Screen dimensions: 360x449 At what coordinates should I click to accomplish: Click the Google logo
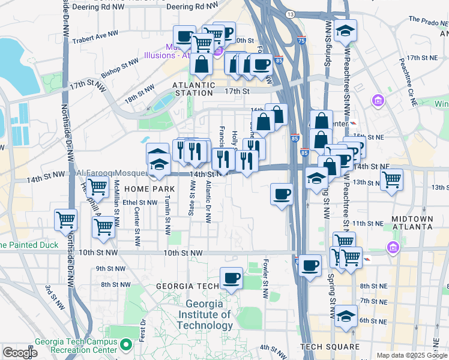coord(20,352)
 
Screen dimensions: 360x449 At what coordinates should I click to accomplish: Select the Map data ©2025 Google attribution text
coord(411,355)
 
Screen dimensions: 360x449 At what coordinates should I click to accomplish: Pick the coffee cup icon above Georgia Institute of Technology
coord(231,278)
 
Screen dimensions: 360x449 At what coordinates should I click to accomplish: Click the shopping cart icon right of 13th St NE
coord(391,179)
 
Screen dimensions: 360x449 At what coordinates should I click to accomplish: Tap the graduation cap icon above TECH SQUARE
coord(346,315)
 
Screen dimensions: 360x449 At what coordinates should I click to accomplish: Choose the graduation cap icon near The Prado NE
coord(345,31)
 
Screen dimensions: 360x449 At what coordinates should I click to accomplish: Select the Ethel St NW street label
coord(139,202)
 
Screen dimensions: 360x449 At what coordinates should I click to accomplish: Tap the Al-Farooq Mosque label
coord(112,173)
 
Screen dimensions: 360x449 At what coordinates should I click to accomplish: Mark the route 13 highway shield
coord(290,13)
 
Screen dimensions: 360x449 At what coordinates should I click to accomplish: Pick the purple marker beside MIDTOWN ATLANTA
coord(393,247)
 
